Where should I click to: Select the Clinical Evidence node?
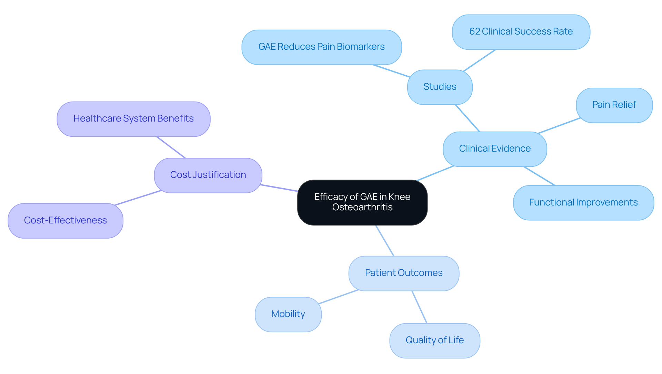(x=495, y=149)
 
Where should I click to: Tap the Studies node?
(x=440, y=87)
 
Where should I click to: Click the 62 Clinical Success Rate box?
(x=521, y=32)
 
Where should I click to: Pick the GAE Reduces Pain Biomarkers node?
(x=321, y=47)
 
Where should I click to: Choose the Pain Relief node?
(x=614, y=105)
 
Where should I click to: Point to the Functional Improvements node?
(x=583, y=203)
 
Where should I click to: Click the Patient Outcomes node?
(x=403, y=273)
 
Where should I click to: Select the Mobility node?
(x=288, y=314)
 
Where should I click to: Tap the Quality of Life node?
(x=434, y=341)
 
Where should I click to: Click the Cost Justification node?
(x=208, y=175)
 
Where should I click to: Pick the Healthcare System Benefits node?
(x=133, y=119)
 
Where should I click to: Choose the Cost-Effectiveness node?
(x=65, y=221)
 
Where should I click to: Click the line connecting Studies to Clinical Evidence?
(x=468, y=118)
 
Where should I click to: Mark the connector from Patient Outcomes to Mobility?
(x=339, y=297)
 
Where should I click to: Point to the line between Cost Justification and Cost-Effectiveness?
(x=138, y=198)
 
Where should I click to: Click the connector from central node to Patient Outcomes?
(x=385, y=241)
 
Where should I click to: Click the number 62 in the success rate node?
(x=474, y=32)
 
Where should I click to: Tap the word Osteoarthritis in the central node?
(x=362, y=207)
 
